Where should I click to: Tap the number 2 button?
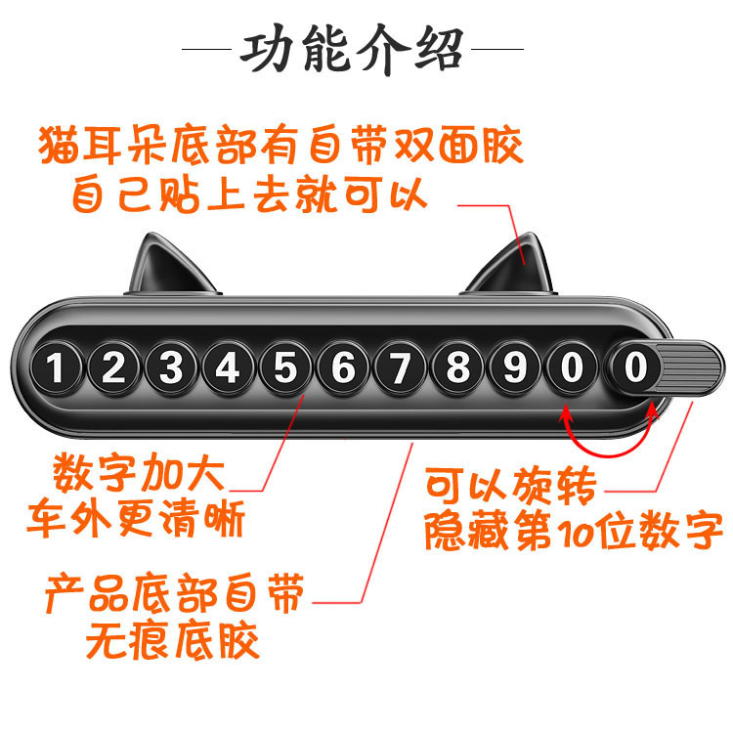tap(114, 369)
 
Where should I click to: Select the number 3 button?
tap(172, 369)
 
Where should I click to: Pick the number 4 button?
tap(229, 369)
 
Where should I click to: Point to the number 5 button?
tap(285, 369)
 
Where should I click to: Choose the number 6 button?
tap(343, 369)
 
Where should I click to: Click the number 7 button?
tap(400, 369)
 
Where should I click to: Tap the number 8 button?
tap(457, 369)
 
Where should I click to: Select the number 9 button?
tap(514, 369)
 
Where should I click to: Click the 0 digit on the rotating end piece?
tap(635, 369)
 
